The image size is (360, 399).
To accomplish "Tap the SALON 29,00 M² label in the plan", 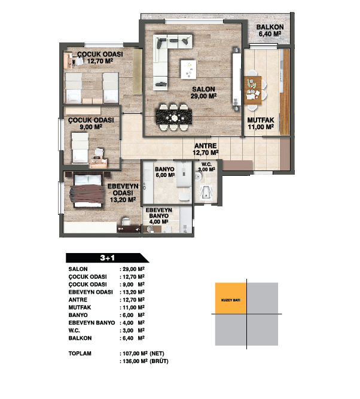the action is (203, 92).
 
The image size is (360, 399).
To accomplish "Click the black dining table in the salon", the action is (174, 117).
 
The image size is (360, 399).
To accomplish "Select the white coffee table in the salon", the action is (188, 69).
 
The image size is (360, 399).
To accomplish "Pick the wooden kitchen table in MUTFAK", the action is (252, 90).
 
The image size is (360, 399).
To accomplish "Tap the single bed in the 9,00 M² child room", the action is (80, 148).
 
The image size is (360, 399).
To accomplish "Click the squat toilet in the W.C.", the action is (206, 193).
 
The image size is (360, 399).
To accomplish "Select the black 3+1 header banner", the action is (107, 258).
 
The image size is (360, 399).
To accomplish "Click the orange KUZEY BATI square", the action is (231, 299).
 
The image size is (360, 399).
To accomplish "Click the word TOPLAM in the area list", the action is (80, 354).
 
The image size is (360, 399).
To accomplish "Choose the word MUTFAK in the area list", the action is (80, 307).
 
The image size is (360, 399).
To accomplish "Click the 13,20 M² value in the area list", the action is (133, 292).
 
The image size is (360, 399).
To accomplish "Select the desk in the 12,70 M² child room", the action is (68, 61).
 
